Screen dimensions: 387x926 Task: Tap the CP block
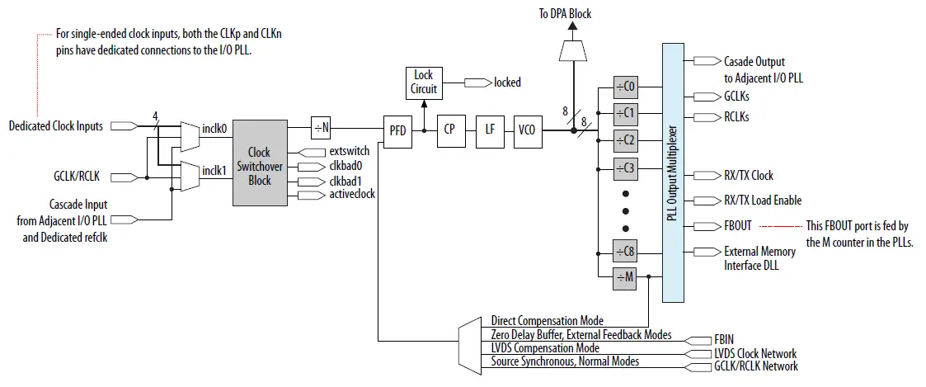(449, 129)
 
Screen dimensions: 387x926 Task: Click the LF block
(490, 129)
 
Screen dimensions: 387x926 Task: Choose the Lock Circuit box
(424, 82)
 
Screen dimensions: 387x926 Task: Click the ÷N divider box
(322, 128)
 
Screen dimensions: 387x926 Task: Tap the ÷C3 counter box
(627, 168)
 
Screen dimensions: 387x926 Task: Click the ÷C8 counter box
(627, 252)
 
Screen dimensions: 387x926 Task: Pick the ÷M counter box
(627, 278)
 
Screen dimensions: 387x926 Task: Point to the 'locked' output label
(507, 83)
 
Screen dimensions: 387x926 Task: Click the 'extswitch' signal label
(349, 153)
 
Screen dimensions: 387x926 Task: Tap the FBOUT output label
(738, 225)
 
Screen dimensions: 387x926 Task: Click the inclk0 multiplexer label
(214, 128)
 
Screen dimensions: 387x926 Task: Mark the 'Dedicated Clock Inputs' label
(56, 126)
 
